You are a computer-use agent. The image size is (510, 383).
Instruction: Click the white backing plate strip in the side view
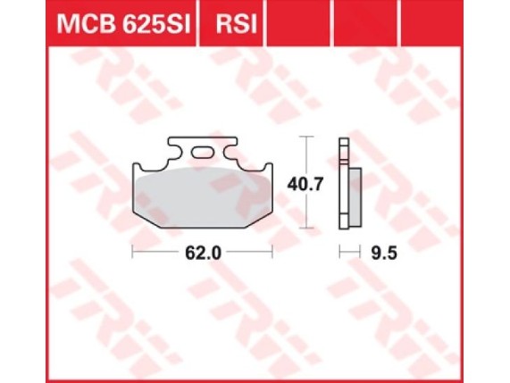[x=342, y=183]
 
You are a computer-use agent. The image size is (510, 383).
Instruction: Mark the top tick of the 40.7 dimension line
[x=307, y=137]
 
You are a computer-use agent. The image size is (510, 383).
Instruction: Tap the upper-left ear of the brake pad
[x=141, y=170]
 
